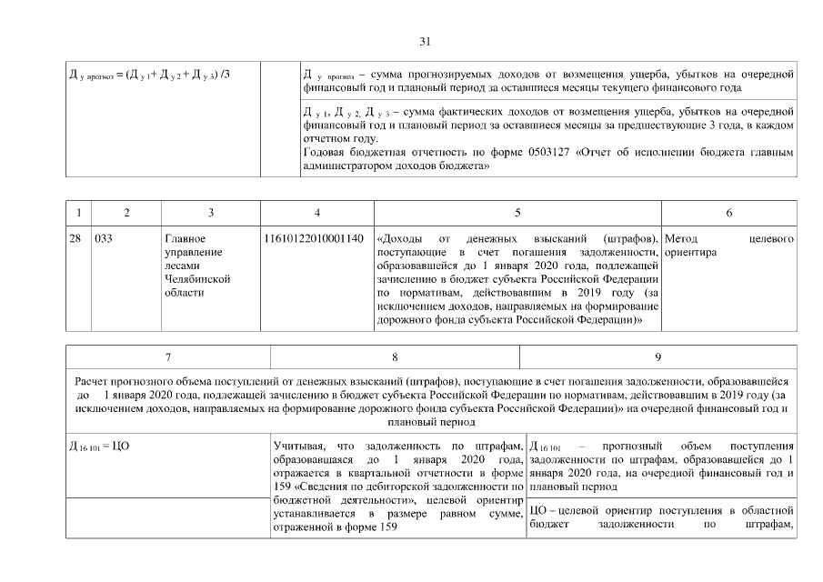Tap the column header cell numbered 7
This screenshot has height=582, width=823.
pyautogui.click(x=168, y=357)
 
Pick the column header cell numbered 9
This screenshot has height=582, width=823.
pyautogui.click(x=657, y=357)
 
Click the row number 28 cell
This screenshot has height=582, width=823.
pyautogui.click(x=76, y=238)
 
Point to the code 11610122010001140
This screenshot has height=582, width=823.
pyautogui.click(x=315, y=238)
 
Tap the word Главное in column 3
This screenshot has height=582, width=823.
pyautogui.click(x=185, y=238)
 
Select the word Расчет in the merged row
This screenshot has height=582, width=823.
pyautogui.click(x=94, y=381)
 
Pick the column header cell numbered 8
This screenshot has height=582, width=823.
pyautogui.click(x=395, y=357)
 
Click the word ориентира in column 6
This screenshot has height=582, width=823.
pyautogui.click(x=691, y=252)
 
